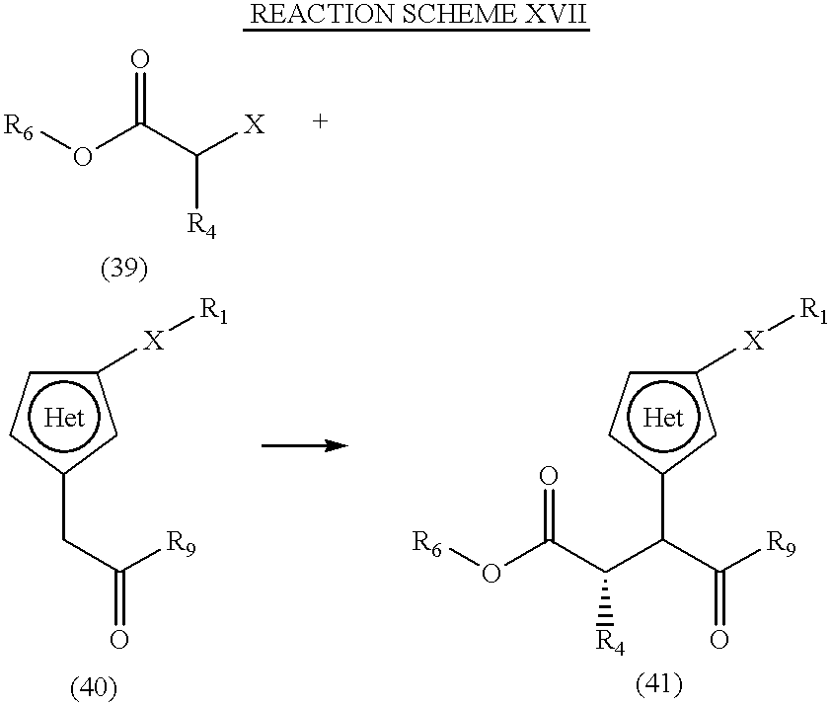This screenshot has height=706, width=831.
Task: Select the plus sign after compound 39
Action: click(320, 121)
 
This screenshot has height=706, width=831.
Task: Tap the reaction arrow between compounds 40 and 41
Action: click(305, 445)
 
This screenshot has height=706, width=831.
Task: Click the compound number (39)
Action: click(124, 269)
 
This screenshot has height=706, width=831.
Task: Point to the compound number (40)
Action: click(94, 688)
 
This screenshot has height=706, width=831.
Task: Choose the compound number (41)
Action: click(658, 684)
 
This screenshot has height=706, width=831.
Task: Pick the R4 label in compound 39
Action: click(201, 226)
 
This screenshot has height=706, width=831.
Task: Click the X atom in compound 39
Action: click(254, 125)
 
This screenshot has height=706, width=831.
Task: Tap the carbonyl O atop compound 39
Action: click(140, 60)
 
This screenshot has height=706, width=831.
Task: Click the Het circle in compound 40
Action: click(63, 417)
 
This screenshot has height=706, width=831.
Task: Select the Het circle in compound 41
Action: click(663, 417)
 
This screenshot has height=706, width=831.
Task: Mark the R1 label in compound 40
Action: click(213, 311)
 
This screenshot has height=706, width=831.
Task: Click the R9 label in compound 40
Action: click(182, 543)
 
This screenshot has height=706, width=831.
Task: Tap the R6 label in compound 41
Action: click(427, 544)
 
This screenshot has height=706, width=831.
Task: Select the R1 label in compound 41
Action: click(813, 309)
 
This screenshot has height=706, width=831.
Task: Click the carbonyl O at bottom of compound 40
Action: click(119, 639)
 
